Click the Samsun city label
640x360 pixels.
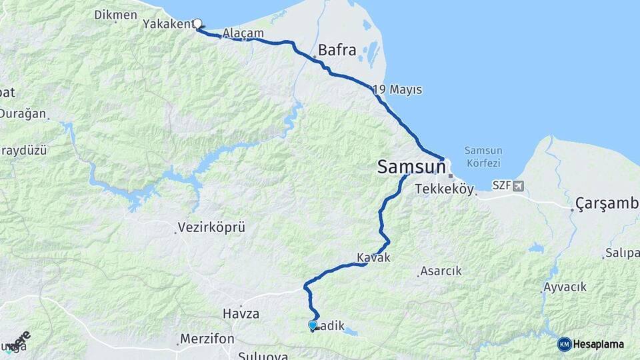tap(411, 167)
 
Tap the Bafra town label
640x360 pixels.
tap(337, 50)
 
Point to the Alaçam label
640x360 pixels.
tap(243, 33)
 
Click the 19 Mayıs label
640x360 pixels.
tap(398, 89)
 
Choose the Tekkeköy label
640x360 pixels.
tap(444, 189)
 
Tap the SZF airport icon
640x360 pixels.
tap(519, 185)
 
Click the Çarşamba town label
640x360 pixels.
tap(606, 203)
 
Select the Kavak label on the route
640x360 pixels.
tap(373, 257)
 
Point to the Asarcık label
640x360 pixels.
tap(440, 271)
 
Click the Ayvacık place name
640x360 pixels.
tap(565, 287)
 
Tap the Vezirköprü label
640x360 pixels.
tap(211, 227)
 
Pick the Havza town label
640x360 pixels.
tap(241, 313)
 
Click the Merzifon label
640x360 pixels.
tap(207, 339)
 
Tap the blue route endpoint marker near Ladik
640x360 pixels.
tap(313, 325)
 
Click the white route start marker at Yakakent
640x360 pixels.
tap(197, 24)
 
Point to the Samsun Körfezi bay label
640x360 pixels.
tap(483, 157)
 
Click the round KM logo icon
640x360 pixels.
tap(565, 344)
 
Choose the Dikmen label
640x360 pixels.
tap(115, 14)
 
